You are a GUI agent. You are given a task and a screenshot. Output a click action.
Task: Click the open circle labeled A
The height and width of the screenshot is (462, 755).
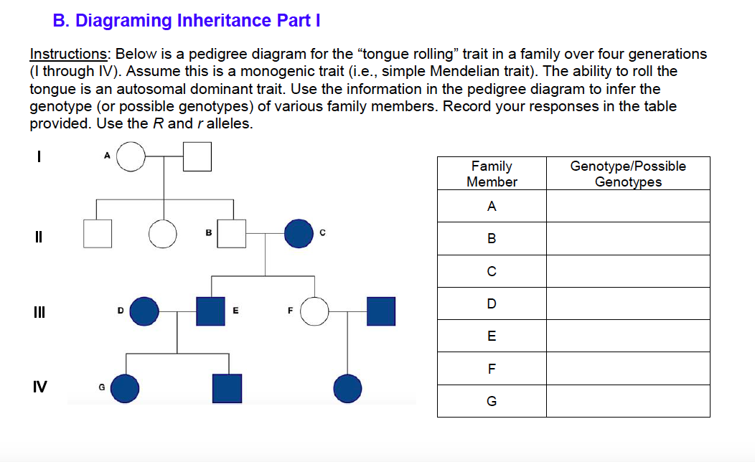(x=131, y=156)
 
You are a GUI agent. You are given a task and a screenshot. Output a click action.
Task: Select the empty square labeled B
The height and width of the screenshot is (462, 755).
(x=233, y=233)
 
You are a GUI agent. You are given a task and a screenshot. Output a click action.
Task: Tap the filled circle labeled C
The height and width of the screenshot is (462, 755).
(x=299, y=233)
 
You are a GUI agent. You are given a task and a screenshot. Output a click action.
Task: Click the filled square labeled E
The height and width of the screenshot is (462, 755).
(x=211, y=311)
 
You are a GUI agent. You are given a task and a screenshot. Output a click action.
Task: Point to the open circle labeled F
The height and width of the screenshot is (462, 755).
(x=314, y=311)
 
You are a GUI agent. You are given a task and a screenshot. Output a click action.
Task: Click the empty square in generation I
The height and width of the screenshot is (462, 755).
(x=197, y=156)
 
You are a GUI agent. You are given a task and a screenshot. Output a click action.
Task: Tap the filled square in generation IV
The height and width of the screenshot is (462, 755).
(x=227, y=388)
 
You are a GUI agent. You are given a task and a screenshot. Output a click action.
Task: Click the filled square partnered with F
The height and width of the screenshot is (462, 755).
(x=380, y=311)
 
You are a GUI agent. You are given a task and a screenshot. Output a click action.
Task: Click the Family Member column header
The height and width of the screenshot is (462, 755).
(x=492, y=174)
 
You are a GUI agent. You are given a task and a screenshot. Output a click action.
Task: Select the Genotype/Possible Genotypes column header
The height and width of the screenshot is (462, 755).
(x=628, y=174)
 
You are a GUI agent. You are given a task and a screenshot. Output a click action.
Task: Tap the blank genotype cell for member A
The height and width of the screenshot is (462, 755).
(x=628, y=207)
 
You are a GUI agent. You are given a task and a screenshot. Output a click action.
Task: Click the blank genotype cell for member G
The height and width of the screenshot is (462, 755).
(x=628, y=401)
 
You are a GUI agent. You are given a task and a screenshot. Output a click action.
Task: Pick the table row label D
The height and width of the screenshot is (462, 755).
(x=492, y=303)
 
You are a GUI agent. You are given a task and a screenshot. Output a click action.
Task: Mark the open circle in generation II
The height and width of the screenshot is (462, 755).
(x=163, y=233)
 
